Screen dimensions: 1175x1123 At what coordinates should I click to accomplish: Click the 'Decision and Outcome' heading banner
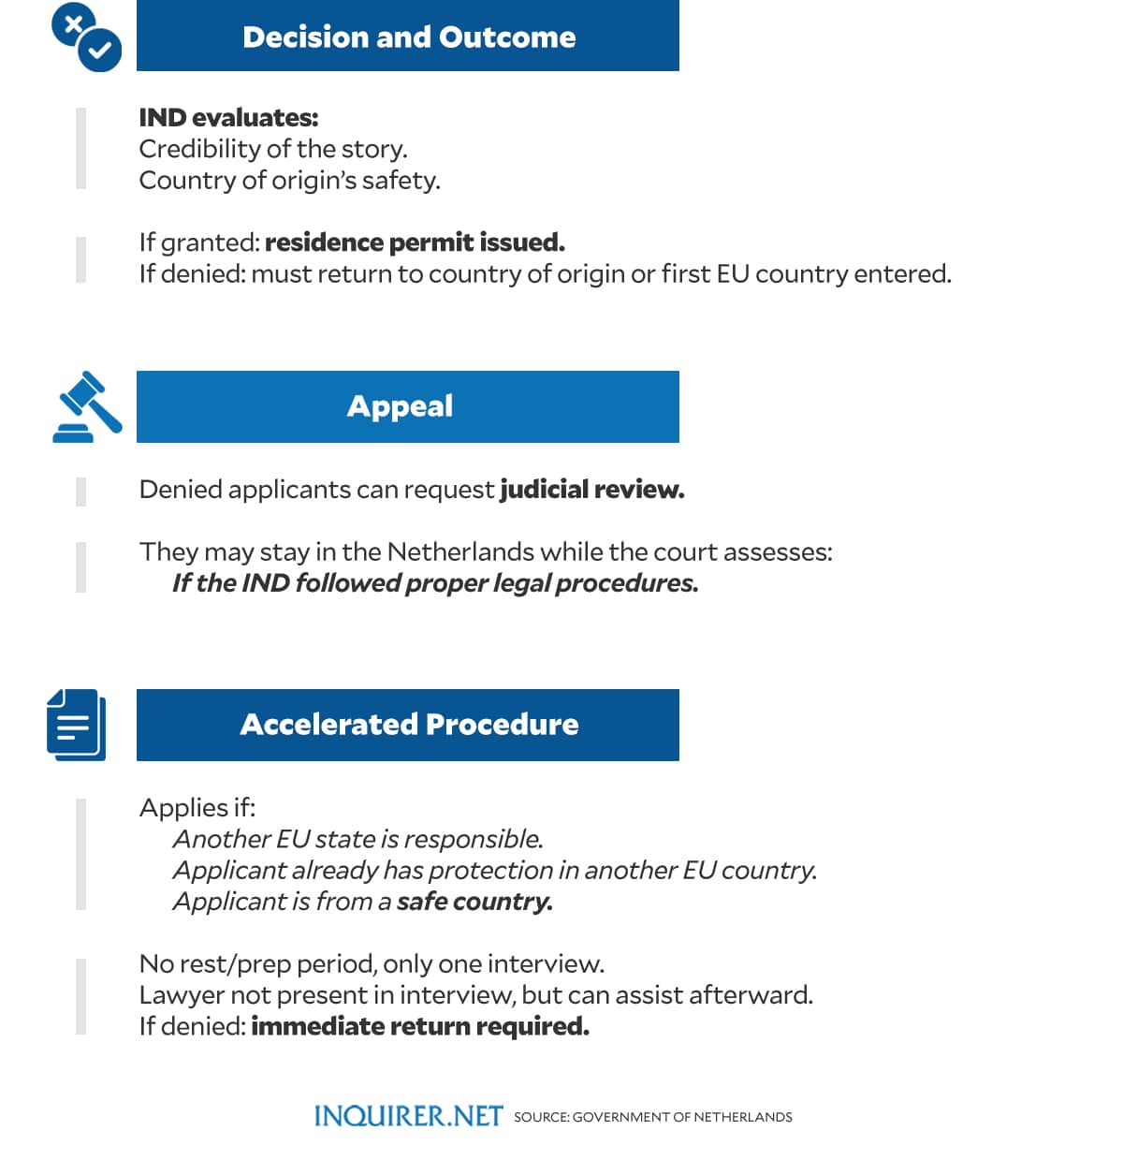click(408, 36)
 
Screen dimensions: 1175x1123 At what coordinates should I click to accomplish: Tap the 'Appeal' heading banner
click(408, 406)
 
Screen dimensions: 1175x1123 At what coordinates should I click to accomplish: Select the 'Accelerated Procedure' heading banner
click(408, 725)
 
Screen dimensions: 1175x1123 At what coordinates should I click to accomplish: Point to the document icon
click(75, 724)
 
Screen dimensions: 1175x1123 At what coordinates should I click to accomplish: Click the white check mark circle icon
click(100, 51)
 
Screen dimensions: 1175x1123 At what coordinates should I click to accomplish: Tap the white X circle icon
click(72, 23)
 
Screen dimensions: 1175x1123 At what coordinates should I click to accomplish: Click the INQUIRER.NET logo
click(408, 1116)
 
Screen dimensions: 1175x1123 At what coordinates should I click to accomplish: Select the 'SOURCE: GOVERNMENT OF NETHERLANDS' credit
click(652, 1117)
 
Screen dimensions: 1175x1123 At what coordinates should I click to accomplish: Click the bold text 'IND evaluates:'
click(228, 118)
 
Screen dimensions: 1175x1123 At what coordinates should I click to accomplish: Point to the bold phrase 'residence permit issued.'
click(415, 242)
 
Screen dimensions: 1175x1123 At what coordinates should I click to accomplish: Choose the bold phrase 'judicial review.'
click(591, 490)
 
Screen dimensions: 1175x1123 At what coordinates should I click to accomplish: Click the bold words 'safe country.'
click(474, 902)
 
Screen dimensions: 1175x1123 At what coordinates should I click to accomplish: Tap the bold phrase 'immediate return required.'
click(420, 1027)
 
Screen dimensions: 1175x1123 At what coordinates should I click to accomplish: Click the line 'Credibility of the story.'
click(273, 149)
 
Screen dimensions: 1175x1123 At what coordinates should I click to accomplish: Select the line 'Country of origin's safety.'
click(289, 180)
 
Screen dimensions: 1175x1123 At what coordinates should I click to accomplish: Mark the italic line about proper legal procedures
click(435, 583)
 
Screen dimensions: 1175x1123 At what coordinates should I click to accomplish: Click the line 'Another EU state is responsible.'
click(357, 839)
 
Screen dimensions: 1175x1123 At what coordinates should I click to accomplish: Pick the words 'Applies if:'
click(197, 807)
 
